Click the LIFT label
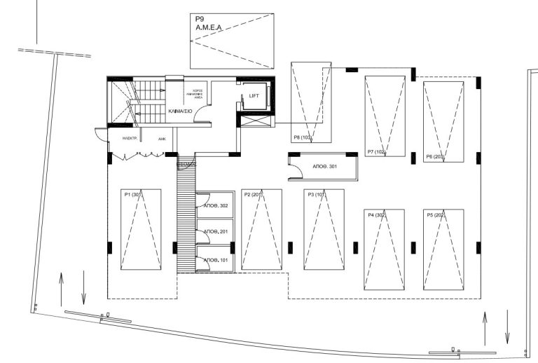[254, 96]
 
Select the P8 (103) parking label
[303, 137]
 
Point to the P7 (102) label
[377, 152]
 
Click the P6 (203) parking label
[435, 157]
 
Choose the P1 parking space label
[132, 195]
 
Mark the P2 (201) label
[253, 195]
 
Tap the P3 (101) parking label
[316, 195]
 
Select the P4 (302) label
[377, 215]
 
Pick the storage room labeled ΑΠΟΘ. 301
[324, 167]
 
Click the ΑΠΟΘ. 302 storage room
[216, 206]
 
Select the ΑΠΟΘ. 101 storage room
[216, 260]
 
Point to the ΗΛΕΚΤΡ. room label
[129, 139]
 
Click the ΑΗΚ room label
[162, 139]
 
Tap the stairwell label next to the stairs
[181, 111]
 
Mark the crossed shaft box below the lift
[254, 120]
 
